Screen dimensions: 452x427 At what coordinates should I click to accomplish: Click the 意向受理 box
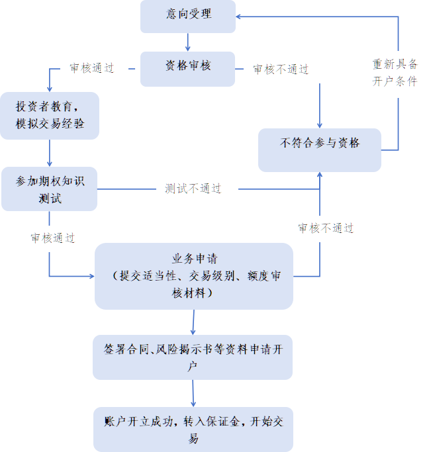(188, 17)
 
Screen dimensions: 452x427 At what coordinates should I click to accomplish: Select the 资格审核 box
(187, 68)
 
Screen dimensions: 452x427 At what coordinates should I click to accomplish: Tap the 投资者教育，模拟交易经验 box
(50, 115)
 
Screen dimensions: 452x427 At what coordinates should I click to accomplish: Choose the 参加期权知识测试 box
(50, 189)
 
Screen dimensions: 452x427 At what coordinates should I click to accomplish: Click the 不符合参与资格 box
(320, 150)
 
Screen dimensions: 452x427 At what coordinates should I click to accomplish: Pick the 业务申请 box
(194, 275)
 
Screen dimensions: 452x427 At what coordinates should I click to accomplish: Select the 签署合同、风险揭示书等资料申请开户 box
(193, 357)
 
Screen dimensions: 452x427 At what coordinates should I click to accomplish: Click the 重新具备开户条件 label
(395, 73)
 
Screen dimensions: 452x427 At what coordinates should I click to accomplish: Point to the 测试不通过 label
(193, 189)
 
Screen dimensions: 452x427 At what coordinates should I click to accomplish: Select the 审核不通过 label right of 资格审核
(281, 69)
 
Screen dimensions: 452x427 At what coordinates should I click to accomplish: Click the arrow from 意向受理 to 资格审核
(188, 42)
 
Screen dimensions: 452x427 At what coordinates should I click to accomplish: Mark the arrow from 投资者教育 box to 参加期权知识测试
(50, 153)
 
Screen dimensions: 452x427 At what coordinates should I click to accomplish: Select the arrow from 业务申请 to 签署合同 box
(193, 322)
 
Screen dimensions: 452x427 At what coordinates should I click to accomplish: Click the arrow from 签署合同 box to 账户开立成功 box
(193, 393)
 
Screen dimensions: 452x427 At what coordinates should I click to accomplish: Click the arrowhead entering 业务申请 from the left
(91, 275)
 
